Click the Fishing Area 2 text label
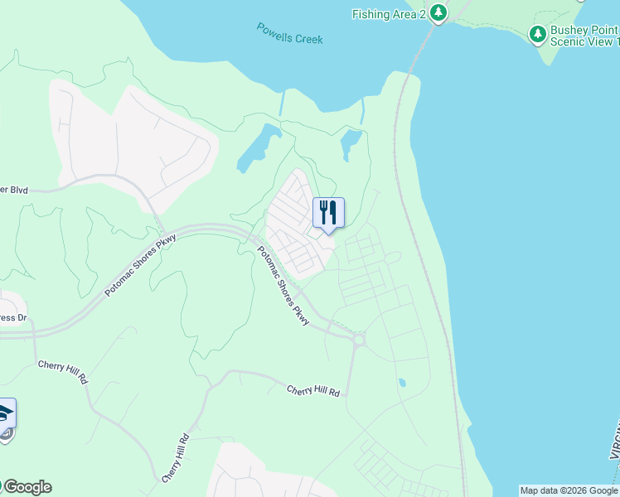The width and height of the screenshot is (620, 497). (x=389, y=14)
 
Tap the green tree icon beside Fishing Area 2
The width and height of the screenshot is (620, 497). (x=438, y=12)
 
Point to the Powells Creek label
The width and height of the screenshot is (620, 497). (x=289, y=34)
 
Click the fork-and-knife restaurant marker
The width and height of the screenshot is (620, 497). (x=328, y=214)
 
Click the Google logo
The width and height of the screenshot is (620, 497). (x=27, y=487)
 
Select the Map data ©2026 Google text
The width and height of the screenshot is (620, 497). (x=569, y=490)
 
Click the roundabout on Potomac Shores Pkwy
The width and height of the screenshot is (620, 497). (x=358, y=339)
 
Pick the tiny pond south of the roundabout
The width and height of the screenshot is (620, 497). (x=401, y=384)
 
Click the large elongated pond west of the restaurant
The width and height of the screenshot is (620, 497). (x=256, y=147)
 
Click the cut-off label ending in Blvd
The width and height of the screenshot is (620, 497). (x=14, y=190)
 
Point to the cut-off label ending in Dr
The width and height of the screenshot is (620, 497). (x=13, y=318)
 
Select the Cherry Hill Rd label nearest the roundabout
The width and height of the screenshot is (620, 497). (x=313, y=390)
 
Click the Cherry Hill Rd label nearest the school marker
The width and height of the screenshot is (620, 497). (x=62, y=372)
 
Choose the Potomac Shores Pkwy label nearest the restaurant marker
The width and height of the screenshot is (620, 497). (x=282, y=286)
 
